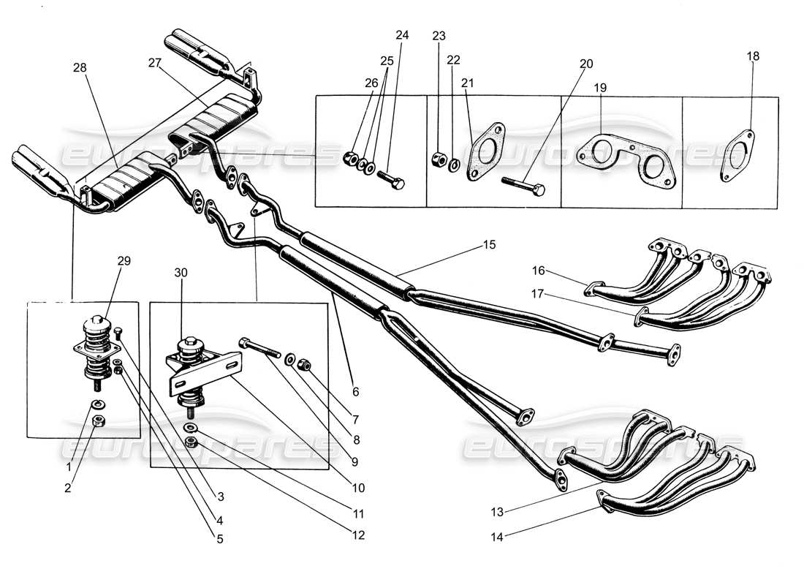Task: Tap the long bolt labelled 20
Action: [x=522, y=185]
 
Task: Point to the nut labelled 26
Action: [x=352, y=156]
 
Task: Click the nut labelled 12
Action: [x=191, y=442]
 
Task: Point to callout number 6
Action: [x=356, y=391]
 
